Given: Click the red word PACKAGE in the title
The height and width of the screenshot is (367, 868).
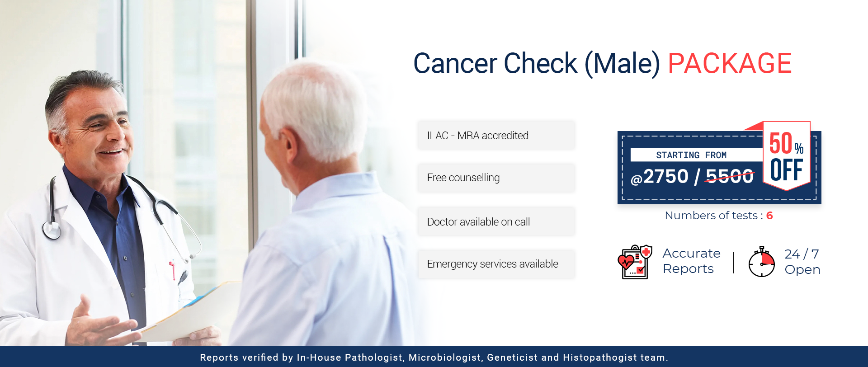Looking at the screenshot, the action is click(730, 63).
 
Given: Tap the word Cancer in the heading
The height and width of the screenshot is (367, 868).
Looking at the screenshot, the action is click(455, 63).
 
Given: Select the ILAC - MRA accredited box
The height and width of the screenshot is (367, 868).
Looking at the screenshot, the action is click(496, 135).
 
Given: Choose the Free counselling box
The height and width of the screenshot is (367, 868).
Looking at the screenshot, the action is click(496, 178).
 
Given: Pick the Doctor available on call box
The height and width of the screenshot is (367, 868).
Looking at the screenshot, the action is click(496, 221).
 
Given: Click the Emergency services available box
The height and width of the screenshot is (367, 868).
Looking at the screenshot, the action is click(496, 264).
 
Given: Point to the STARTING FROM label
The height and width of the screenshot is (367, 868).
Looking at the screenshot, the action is click(691, 155).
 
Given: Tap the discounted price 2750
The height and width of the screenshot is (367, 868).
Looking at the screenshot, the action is click(665, 176).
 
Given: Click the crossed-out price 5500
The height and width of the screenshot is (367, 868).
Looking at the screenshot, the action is click(730, 176).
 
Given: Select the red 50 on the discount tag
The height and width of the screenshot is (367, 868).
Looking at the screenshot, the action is click(781, 143).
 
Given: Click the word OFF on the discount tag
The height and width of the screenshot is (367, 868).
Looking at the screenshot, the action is click(787, 170).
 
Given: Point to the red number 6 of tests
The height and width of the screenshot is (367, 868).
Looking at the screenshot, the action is click(769, 216).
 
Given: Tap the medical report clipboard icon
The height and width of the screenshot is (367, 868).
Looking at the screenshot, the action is click(635, 262).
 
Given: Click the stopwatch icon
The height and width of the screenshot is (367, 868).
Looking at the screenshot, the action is click(762, 262).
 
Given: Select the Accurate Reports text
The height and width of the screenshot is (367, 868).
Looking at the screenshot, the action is click(692, 261).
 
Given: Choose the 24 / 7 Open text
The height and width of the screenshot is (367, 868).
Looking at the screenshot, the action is click(802, 262).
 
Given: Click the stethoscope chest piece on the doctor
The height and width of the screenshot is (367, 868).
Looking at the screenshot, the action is click(52, 230).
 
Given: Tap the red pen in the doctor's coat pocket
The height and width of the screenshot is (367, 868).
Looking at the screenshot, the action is click(172, 269).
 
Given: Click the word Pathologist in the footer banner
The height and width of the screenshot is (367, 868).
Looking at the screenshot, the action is click(374, 358).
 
